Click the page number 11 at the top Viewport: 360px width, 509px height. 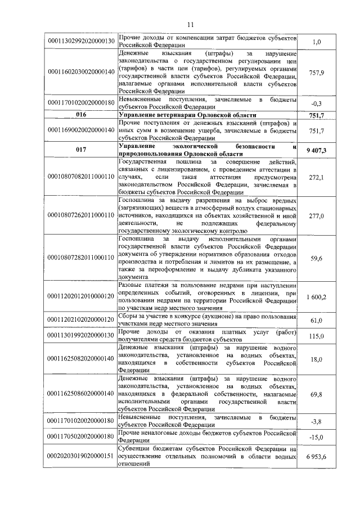[190, 24]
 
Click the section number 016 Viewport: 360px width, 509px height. [82, 115]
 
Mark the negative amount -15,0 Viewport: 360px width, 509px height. [317, 437]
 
